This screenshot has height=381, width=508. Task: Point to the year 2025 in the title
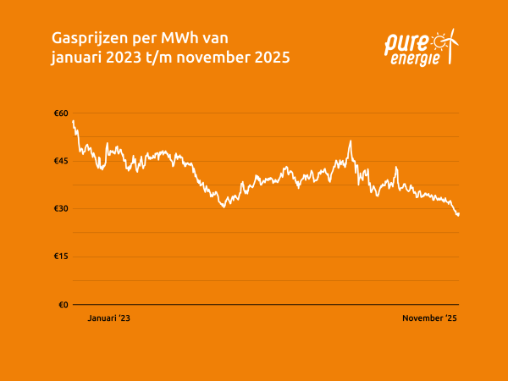[x=270, y=58]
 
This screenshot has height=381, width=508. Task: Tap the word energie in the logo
[x=416, y=58]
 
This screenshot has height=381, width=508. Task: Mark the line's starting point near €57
[x=74, y=121]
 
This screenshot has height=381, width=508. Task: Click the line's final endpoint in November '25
[x=459, y=214]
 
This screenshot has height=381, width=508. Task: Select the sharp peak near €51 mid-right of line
[x=349, y=141]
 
